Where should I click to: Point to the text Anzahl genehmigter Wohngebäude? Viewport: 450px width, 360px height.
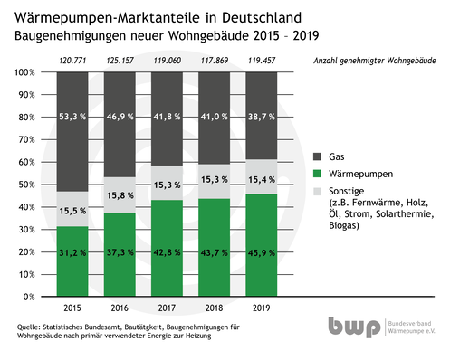pyautogui.click(x=373, y=60)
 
